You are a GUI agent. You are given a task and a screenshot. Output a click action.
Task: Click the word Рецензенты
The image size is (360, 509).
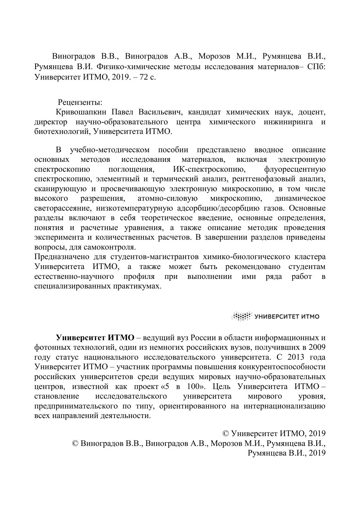(80, 103)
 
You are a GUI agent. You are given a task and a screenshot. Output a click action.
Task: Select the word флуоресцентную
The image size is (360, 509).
(295, 169)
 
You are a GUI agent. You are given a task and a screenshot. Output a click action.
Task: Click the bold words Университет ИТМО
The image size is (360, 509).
(95, 338)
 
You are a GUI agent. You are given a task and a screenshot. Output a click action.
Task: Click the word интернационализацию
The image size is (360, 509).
(285, 406)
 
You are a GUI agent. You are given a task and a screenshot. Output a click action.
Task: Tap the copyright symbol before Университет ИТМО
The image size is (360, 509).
(226, 434)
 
